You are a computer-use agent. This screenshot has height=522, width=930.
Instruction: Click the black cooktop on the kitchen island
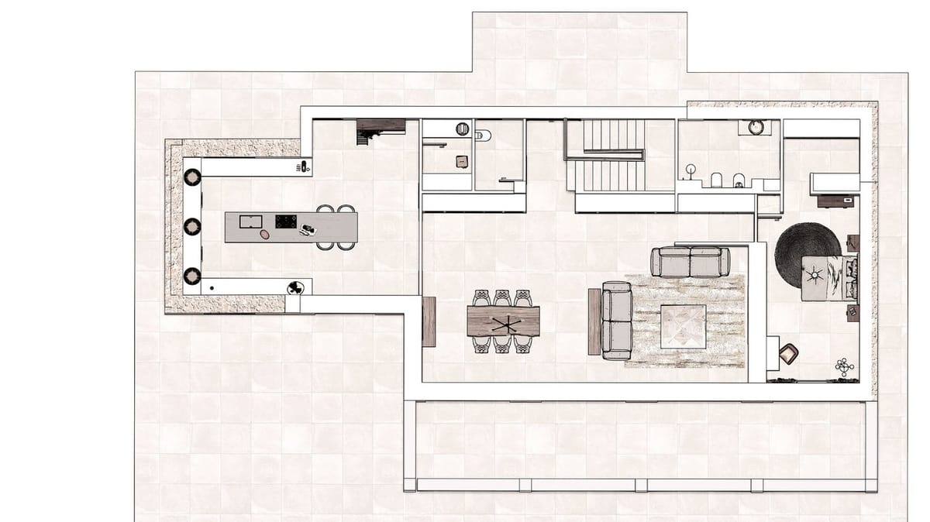pos(286,222)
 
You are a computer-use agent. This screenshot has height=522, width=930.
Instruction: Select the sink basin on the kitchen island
pos(250,222)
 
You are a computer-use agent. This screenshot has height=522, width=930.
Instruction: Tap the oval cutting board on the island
pos(265,234)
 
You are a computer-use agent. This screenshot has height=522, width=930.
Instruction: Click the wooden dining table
pos(503,321)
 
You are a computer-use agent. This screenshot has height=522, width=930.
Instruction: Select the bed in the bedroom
pos(829,277)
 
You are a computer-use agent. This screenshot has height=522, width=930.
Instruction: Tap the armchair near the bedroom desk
pos(789,353)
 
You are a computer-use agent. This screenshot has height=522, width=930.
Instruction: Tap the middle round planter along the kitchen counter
pos(192,226)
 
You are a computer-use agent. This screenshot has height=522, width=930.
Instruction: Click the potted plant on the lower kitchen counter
pos(294,288)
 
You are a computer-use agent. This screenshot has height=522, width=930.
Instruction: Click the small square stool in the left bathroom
pos(461,161)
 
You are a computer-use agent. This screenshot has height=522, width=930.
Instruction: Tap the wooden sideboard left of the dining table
pos(429,321)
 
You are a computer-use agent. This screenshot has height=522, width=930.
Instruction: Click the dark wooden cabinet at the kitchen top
pos(381,125)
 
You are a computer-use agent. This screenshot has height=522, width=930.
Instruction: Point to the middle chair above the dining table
pos(502,297)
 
